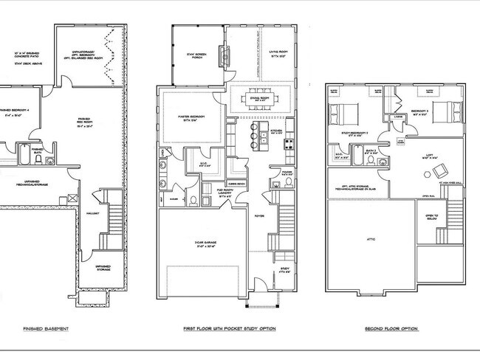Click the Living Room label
click(x=277, y=54)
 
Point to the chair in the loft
click(x=428, y=174)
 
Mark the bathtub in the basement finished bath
click(x=23, y=158)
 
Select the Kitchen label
click(x=275, y=130)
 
